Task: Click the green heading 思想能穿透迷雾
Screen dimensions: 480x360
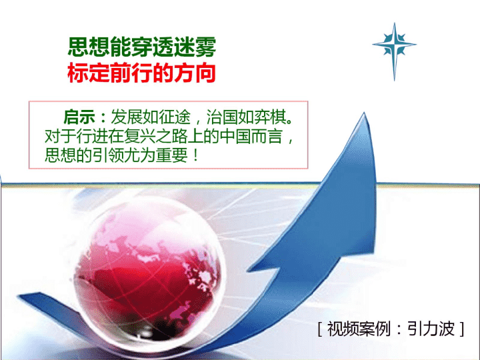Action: (x=142, y=47)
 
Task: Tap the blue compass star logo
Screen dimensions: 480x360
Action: (x=394, y=51)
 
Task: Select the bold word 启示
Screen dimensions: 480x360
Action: (x=79, y=117)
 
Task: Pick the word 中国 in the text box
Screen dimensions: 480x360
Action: (x=235, y=136)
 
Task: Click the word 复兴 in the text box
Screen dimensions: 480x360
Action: (x=140, y=136)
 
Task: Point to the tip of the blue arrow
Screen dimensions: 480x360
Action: (x=364, y=113)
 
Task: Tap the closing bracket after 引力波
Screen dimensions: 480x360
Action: (x=462, y=329)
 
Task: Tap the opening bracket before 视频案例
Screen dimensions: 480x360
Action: (x=320, y=329)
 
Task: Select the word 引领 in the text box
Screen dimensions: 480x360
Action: (x=108, y=155)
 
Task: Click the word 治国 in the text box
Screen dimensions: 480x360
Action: (x=223, y=117)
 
